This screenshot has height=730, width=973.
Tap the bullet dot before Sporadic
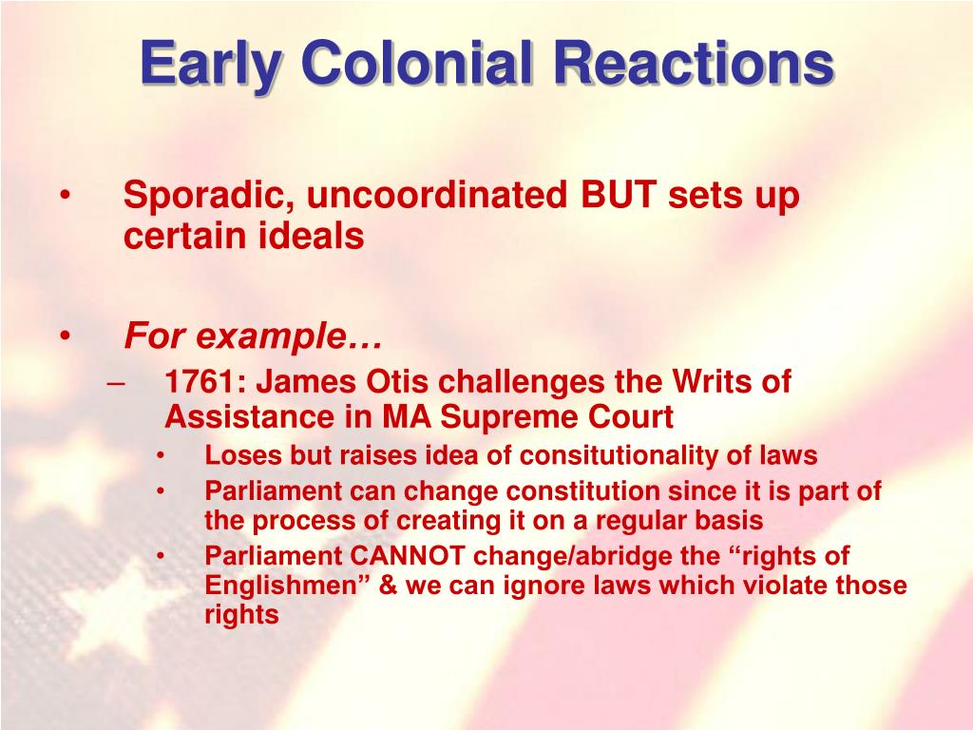pos(65,197)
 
